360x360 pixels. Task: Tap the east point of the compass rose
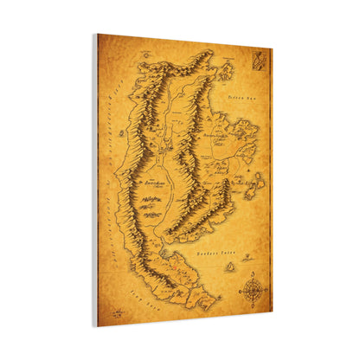[x=265, y=290]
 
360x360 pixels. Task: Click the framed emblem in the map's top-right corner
[x=259, y=61]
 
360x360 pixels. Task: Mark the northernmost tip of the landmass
[x=207, y=53]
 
